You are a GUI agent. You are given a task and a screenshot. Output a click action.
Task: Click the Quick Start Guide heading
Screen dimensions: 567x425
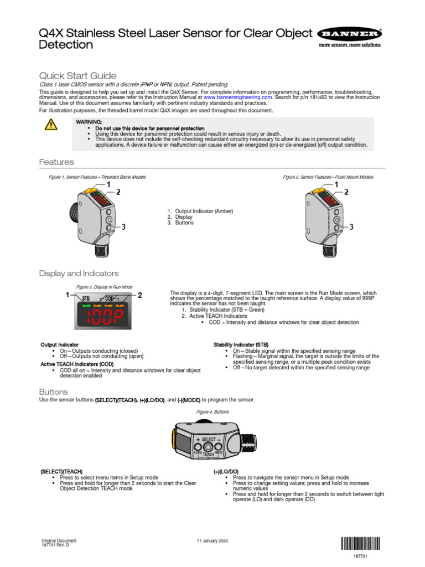click(77, 75)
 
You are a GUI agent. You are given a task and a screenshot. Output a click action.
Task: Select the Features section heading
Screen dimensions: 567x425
click(56, 162)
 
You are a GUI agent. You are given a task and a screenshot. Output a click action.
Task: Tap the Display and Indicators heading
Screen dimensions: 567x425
click(78, 274)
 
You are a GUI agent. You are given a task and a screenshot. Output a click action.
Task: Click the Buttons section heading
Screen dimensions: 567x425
click(54, 392)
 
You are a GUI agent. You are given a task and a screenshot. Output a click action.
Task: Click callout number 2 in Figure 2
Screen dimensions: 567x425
click(347, 192)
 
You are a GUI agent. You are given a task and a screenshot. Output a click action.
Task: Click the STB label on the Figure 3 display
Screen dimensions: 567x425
click(86, 298)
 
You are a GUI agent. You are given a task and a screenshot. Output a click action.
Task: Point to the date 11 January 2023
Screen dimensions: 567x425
click(212, 540)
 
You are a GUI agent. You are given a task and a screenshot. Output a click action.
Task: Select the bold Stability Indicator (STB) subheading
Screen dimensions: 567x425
click(241, 344)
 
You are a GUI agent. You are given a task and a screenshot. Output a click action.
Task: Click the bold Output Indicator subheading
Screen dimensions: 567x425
click(60, 344)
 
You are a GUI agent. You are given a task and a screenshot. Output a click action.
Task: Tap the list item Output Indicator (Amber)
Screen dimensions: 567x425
click(204, 211)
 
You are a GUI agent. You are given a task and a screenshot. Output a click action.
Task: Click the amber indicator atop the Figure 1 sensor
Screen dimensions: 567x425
click(92, 190)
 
